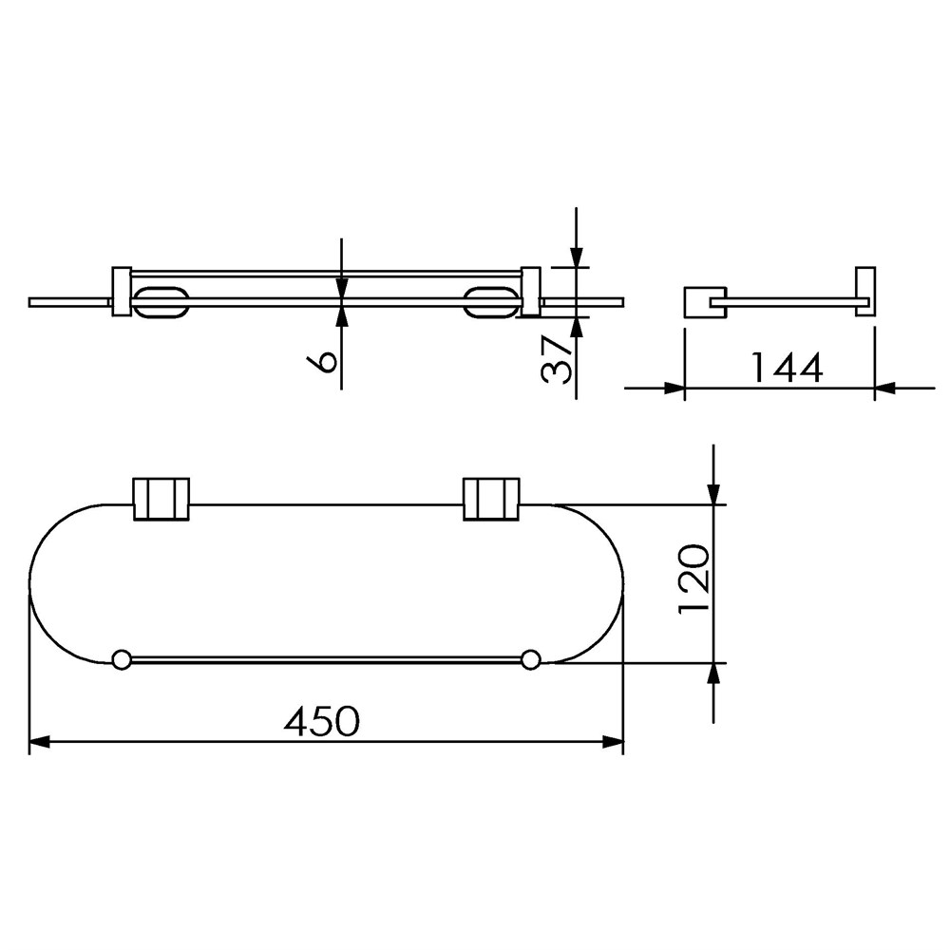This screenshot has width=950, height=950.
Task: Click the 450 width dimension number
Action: coord(321,721)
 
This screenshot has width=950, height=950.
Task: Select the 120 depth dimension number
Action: coord(693,579)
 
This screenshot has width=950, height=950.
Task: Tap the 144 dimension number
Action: coord(787,367)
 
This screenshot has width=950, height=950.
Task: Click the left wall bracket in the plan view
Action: coord(161,500)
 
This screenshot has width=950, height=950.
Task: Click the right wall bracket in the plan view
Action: coord(491,500)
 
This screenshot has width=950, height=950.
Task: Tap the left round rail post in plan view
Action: coord(122,659)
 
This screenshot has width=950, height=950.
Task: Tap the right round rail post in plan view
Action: coord(531,659)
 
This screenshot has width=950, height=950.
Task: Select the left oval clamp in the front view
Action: coord(161,302)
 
